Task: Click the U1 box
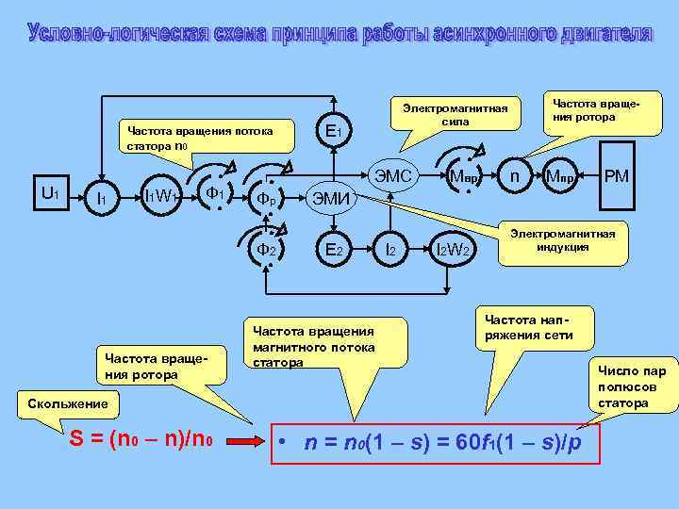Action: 51,193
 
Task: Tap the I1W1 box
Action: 162,196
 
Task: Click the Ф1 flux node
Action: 215,194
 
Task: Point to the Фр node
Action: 268,199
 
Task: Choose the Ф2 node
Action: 268,250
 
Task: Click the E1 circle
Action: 333,131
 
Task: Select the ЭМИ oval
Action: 332,198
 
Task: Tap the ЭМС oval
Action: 393,175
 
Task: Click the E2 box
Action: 333,250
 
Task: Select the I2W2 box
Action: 455,250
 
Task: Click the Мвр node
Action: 465,175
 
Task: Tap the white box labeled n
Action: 514,175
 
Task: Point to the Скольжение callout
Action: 57,404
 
